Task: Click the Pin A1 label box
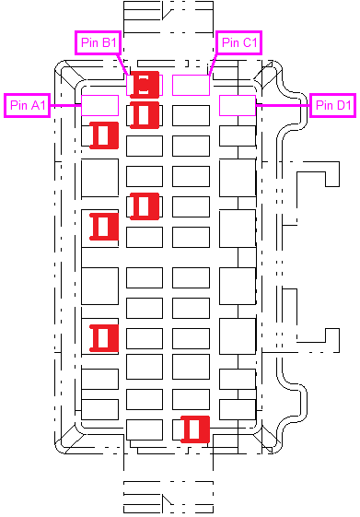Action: coord(27,105)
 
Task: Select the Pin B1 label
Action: coord(99,42)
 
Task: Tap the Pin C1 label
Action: coord(239,42)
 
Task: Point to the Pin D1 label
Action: coord(333,105)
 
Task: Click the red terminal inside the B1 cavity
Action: coord(145,85)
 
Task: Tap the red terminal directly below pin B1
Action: coord(145,115)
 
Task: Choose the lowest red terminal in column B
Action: coord(145,206)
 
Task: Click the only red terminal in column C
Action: coord(195,429)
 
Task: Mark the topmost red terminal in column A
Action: coord(104,135)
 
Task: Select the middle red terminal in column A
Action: coord(104,227)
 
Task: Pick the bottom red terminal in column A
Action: coord(104,338)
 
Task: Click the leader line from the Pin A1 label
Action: coord(66,105)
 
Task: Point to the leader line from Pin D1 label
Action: coord(283,105)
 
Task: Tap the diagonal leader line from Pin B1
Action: coord(123,65)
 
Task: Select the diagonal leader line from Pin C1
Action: coord(213,65)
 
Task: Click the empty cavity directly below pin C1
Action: coord(191,115)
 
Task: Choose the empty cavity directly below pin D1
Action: coord(238,135)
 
